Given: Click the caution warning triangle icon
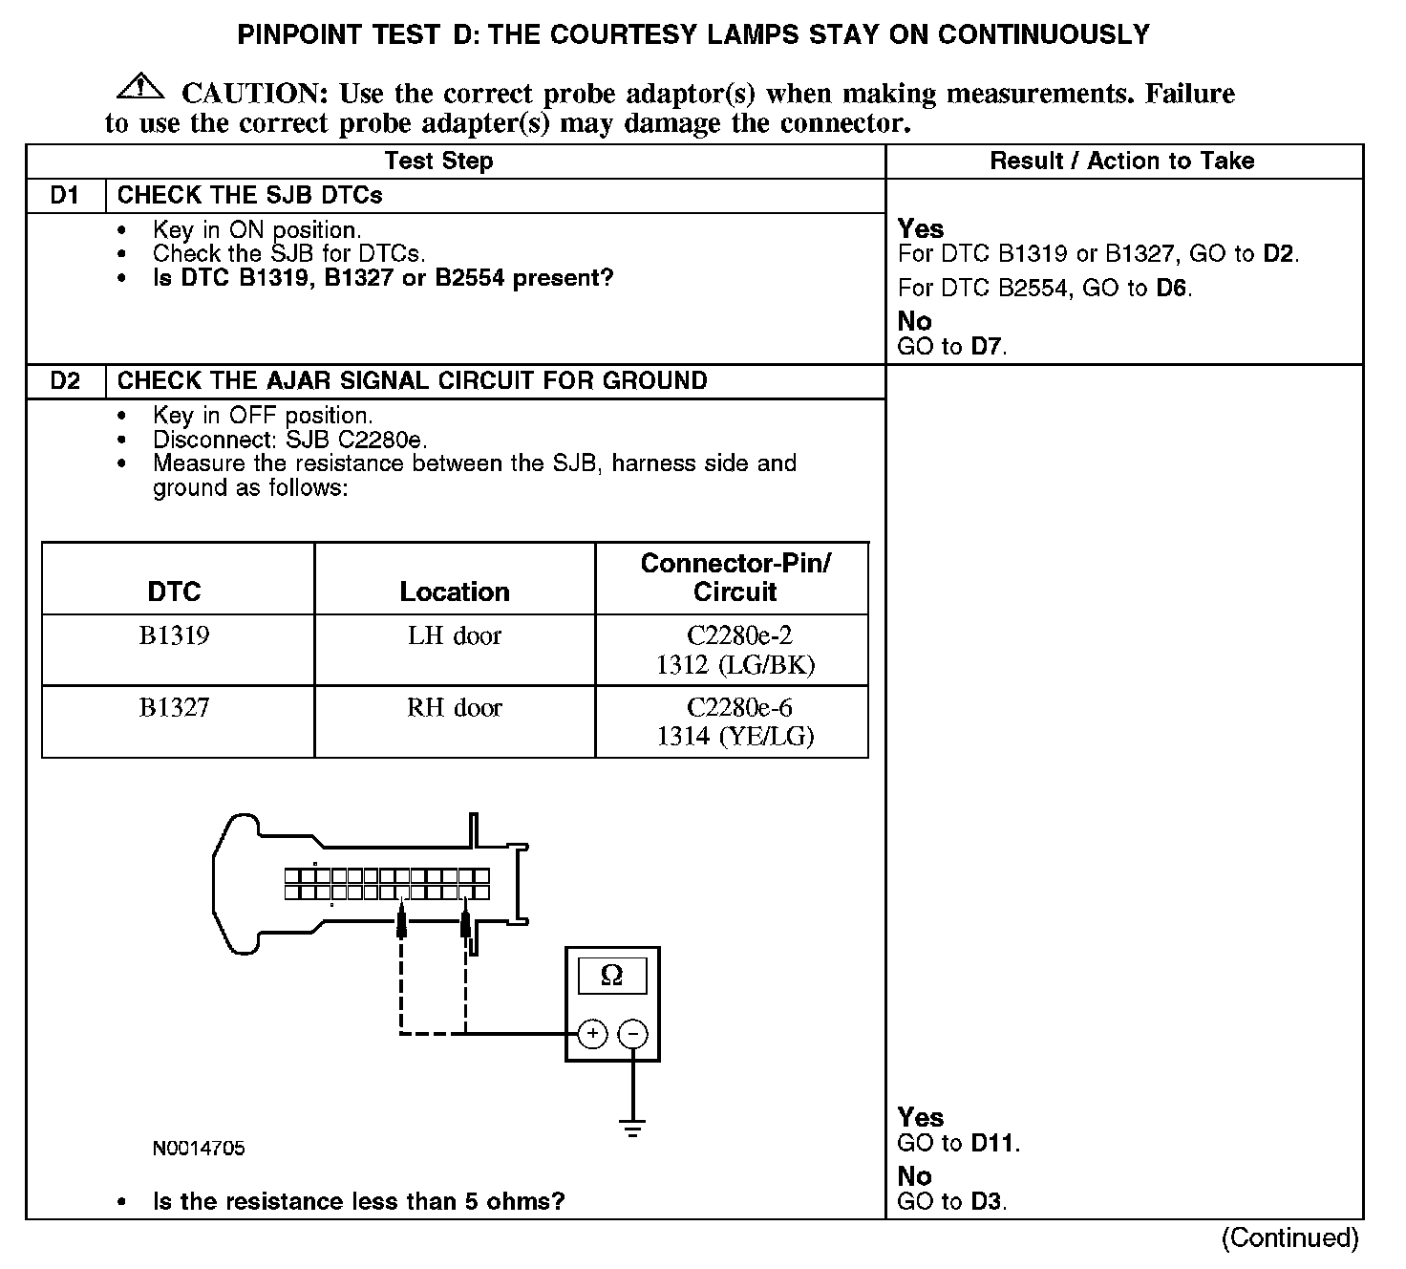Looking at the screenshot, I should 139,86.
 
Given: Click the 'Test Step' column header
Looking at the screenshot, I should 438,161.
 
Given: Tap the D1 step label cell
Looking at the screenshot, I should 65,196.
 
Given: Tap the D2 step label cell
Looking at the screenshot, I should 65,381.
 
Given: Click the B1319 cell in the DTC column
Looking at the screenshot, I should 175,636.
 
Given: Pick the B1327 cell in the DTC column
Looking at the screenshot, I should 175,708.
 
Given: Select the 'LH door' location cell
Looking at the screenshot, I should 455,636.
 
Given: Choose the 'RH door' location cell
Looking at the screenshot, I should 455,708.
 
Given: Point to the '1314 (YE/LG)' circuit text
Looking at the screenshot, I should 735,736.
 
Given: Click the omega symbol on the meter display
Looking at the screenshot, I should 612,976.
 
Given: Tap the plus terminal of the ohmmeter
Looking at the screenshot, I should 592,1034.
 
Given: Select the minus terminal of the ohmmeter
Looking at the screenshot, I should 632,1034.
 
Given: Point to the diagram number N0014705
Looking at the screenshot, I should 198,1149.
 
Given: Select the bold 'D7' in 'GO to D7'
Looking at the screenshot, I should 987,347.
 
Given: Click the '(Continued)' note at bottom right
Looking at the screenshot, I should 1289,1238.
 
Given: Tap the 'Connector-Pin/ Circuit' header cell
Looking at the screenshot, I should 735,577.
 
